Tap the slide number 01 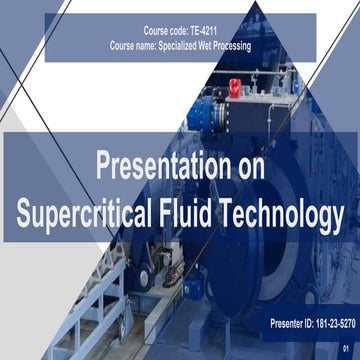346,348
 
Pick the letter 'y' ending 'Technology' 337,216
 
